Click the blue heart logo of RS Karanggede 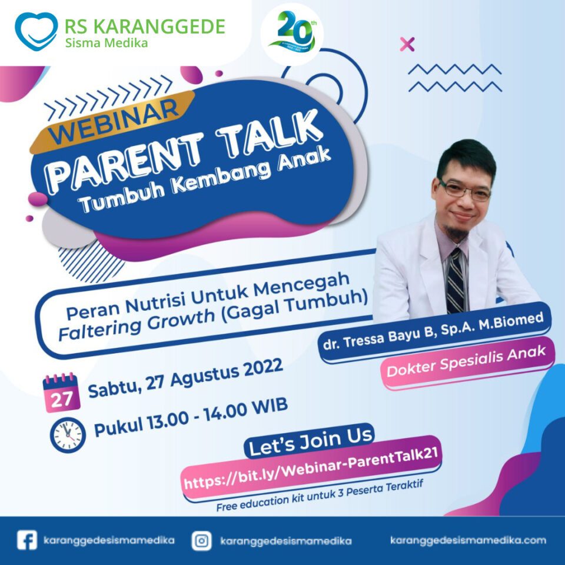tap(36, 32)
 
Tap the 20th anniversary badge tap(293, 34)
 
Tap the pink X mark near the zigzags tap(407, 44)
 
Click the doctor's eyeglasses tap(465, 190)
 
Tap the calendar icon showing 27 tap(61, 393)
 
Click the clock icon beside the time tap(68, 435)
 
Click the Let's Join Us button tap(310, 441)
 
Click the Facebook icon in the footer tap(27, 540)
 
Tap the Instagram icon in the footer tap(202, 541)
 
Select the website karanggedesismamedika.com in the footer tap(468, 540)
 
